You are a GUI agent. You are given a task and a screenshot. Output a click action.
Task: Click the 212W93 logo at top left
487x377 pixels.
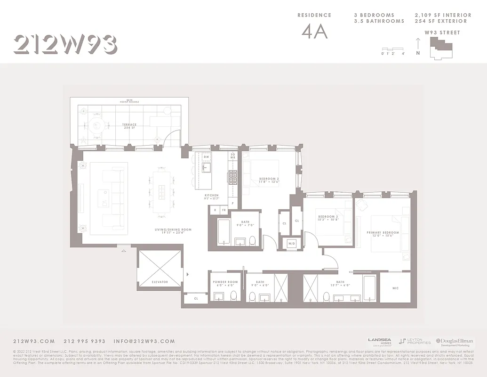(x=65, y=44)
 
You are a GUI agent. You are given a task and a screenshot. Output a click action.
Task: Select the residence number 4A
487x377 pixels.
(x=314, y=32)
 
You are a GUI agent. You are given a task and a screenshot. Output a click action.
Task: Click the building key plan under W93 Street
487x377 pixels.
(x=441, y=48)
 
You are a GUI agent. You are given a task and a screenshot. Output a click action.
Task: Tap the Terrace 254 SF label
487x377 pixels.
(x=129, y=126)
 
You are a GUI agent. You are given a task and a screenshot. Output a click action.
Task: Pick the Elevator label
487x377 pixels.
(x=160, y=282)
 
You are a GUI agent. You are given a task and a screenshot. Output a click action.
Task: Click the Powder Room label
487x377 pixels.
(x=225, y=283)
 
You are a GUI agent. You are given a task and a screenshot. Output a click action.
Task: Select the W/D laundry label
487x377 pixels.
(x=291, y=244)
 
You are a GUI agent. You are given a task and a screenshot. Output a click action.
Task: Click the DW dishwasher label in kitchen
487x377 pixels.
(x=206, y=157)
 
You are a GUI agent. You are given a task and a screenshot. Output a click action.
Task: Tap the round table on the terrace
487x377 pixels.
(x=97, y=125)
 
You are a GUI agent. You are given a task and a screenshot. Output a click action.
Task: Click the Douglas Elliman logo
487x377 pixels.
(x=454, y=342)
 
